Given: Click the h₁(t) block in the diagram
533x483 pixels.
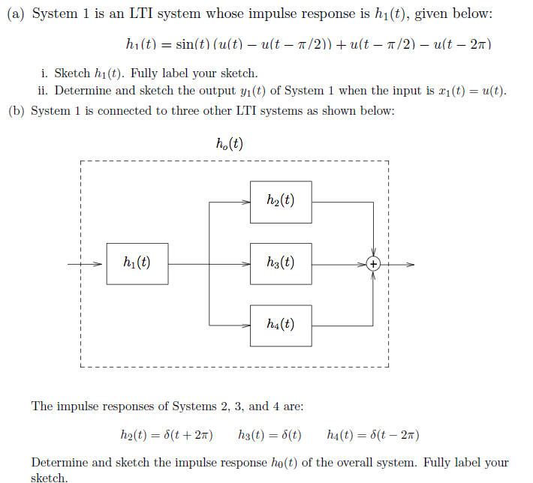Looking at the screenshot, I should pos(137,263).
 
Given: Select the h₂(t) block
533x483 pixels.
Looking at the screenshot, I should pos(281,201).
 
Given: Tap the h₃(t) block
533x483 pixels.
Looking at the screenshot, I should pos(281,263).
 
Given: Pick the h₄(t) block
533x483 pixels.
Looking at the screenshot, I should pos(281,325).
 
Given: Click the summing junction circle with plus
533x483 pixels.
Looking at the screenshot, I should pos(373,263).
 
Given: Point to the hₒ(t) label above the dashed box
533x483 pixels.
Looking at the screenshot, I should pos(229,145).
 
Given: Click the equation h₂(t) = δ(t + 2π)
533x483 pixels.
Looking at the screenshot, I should pos(167,434).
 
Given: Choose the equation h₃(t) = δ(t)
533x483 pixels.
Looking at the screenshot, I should pos(270,434).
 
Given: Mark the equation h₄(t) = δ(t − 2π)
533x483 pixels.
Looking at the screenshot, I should pos(373,434).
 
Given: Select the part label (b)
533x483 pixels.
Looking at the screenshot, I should pos(16,110).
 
